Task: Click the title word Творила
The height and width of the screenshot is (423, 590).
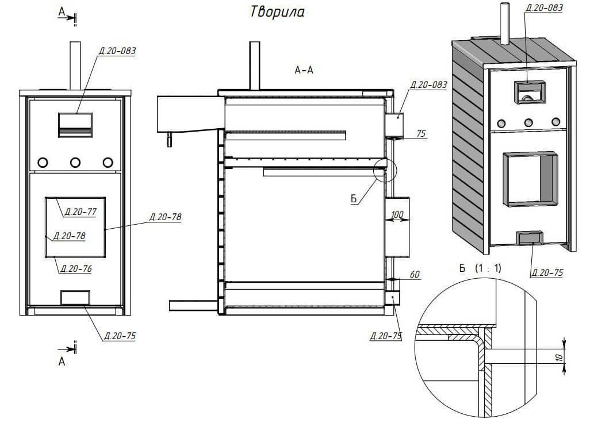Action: (277, 13)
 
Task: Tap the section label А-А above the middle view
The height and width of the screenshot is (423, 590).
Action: (304, 71)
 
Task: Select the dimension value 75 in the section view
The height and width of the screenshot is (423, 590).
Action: (420, 133)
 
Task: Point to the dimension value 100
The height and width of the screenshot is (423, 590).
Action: (397, 215)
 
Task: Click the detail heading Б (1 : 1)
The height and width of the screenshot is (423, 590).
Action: (481, 268)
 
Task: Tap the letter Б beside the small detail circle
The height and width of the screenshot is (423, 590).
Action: (354, 198)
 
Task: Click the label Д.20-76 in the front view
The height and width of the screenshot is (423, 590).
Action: (77, 268)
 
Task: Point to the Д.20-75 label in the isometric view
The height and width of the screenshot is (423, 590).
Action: (547, 273)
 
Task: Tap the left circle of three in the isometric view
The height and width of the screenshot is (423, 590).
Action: (501, 123)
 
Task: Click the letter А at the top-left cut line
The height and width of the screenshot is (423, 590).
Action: (62, 11)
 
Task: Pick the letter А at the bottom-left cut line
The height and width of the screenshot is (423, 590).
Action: (62, 361)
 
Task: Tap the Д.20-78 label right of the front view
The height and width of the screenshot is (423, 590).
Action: (166, 217)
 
